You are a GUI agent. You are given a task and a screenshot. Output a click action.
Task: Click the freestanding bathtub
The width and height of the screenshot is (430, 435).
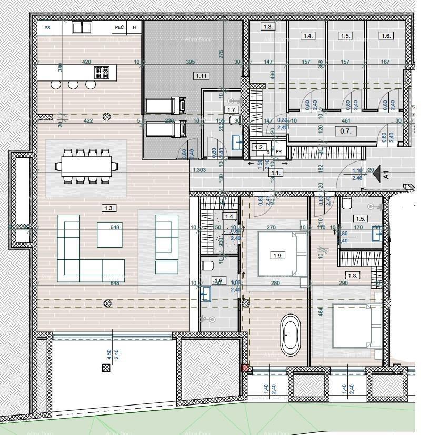(290, 335)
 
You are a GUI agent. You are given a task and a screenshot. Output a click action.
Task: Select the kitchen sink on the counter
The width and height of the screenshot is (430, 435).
(82, 27)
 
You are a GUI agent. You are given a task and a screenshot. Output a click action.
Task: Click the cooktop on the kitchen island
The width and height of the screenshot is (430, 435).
(102, 72)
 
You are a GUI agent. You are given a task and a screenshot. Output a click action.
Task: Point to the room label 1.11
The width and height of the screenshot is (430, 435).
(202, 76)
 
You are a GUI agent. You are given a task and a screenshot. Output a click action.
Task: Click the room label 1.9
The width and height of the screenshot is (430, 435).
(278, 255)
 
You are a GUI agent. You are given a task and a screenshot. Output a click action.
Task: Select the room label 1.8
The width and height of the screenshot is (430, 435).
(353, 275)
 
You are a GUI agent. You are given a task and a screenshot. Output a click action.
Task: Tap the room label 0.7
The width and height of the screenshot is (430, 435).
(345, 131)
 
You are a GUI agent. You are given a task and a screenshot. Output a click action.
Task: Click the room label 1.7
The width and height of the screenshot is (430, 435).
(232, 109)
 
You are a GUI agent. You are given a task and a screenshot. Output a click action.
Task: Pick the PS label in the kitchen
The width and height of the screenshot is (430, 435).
(47, 27)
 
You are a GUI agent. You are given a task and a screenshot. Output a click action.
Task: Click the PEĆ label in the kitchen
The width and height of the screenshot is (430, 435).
(119, 27)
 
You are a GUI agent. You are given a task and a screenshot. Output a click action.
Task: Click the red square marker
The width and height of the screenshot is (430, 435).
(245, 368)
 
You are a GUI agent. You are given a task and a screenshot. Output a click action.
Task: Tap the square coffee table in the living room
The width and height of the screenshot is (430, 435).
(109, 235)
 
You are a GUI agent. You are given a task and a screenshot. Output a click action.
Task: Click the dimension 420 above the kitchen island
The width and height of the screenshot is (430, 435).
(87, 62)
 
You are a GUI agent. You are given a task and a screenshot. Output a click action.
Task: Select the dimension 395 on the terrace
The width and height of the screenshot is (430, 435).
(191, 62)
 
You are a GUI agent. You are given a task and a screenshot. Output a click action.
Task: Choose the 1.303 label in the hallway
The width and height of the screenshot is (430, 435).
(199, 170)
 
